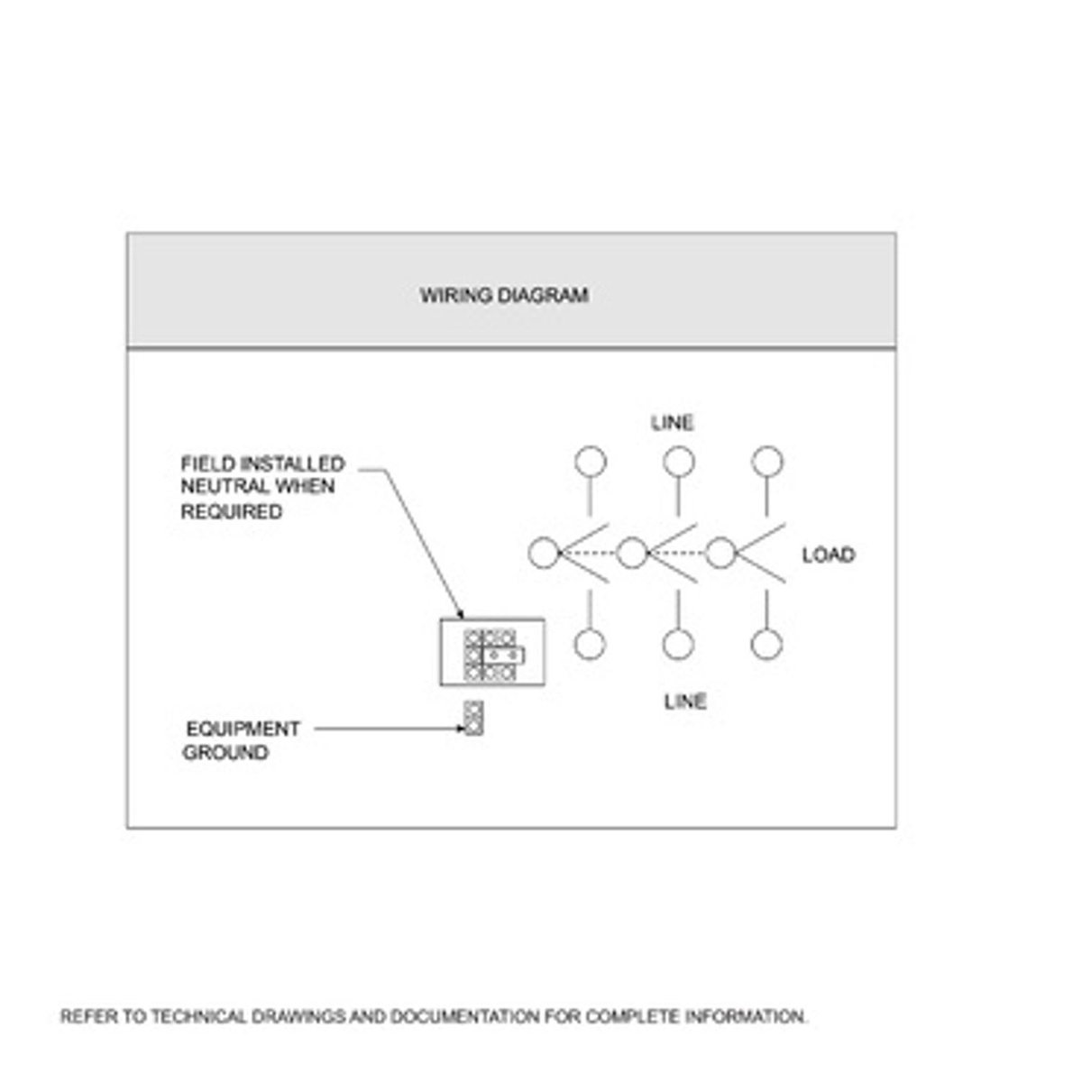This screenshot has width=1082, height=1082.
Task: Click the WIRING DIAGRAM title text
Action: [x=504, y=295]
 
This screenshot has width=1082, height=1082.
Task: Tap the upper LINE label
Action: [x=673, y=422]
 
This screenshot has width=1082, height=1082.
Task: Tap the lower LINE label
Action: [x=685, y=701]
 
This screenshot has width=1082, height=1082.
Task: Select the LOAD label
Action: [x=828, y=555]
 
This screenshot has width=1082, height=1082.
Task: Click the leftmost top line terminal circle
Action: [x=591, y=462]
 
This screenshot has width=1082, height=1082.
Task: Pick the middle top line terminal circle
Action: [x=679, y=462]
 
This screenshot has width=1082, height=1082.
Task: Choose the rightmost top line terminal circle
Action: [x=767, y=462]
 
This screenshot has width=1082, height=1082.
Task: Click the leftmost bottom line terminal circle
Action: [x=590, y=645]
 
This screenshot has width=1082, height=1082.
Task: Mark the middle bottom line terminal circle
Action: [x=678, y=645]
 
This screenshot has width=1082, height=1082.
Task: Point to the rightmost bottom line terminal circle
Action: [x=766, y=645]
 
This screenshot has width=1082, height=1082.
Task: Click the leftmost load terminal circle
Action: [x=544, y=553]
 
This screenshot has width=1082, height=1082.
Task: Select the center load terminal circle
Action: [x=632, y=553]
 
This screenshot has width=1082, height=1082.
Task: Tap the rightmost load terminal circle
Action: [x=720, y=553]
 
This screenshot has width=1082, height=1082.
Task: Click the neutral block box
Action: [x=492, y=652]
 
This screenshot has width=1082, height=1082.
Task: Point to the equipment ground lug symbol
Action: [x=473, y=718]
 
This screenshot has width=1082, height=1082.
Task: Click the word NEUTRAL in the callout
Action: [x=218, y=487]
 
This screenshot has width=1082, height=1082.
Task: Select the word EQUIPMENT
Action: [x=243, y=729]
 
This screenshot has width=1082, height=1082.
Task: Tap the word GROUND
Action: [x=225, y=752]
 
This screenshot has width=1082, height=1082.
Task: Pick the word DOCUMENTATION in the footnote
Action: [x=465, y=1017]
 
